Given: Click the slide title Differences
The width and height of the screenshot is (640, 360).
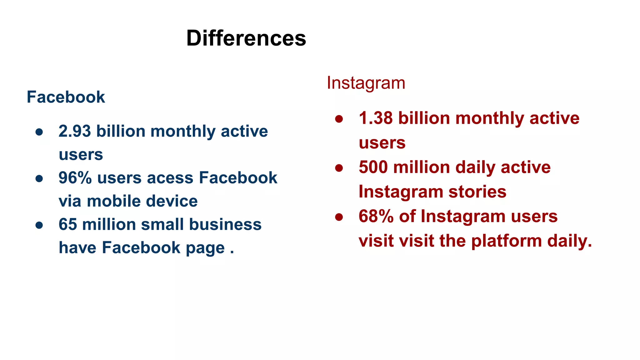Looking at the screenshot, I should coord(246,38).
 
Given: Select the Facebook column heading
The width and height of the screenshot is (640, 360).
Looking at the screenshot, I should coord(66,97).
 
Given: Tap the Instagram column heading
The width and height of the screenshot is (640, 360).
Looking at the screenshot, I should coord(366,83).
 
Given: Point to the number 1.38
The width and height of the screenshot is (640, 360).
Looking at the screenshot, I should coord(375,118).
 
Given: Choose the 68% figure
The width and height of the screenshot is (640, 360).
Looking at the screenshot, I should coord(376,216).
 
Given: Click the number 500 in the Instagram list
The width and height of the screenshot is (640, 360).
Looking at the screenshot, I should coord(373,167).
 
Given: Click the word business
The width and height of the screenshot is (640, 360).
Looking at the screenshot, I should coord(225,224).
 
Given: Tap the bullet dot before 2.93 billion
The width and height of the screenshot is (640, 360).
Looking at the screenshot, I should coord(39,132).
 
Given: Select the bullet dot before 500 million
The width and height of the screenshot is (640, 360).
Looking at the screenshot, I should coord(339,168).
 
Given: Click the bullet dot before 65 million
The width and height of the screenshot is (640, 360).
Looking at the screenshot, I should coord(39,225).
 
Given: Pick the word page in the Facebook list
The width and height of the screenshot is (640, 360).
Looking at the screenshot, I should coord(205,248).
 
